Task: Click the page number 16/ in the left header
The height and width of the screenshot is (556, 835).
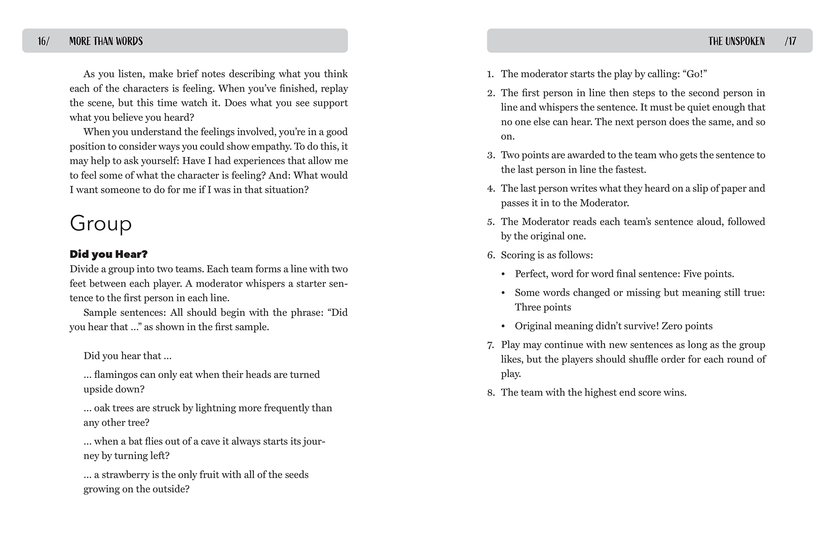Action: pos(44,41)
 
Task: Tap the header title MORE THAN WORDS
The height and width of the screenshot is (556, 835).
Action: pos(106,41)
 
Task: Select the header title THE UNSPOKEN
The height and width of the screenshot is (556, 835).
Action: pos(736,41)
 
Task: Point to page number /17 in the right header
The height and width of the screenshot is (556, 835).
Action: pos(790,41)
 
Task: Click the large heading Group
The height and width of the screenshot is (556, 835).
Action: pos(101,223)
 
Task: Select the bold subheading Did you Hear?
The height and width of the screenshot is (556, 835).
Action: pos(109,254)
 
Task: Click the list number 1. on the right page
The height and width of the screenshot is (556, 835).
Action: pos(491,74)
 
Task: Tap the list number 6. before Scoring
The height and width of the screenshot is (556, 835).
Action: pos(491,255)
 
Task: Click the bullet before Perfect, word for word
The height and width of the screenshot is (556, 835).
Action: pos(503,274)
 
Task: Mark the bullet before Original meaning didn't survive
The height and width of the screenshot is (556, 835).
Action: pos(503,326)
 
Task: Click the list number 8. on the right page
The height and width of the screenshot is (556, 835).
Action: pos(491,393)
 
